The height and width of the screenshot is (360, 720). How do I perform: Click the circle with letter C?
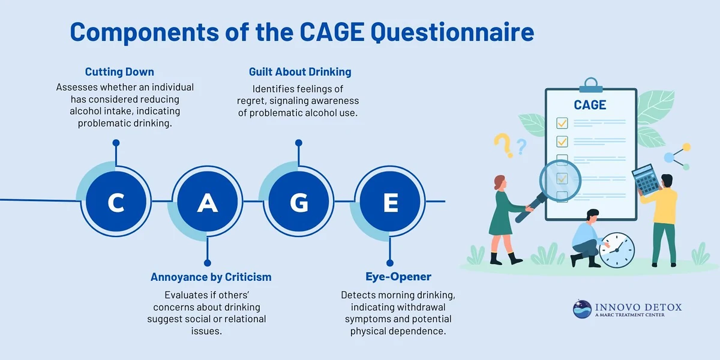tap(115, 203)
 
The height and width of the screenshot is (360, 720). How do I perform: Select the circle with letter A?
tap(208, 203)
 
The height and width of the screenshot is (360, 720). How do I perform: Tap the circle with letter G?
tap(299, 203)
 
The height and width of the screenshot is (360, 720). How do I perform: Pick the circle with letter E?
tap(391, 203)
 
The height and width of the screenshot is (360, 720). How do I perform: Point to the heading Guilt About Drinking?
tap(300, 72)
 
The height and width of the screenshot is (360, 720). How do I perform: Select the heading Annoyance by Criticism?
tap(211, 277)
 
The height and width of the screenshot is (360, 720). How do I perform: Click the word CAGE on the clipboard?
tap(590, 105)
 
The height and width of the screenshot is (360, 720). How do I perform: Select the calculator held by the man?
tap(646, 179)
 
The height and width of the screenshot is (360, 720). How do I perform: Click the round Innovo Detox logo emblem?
tap(581, 309)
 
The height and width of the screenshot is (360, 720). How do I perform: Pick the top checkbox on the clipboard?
tap(562, 123)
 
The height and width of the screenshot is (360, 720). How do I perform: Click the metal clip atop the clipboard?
tap(590, 85)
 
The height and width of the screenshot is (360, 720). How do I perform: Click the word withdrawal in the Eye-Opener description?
tap(419, 307)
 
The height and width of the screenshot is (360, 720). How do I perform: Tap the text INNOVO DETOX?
tap(638, 307)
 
